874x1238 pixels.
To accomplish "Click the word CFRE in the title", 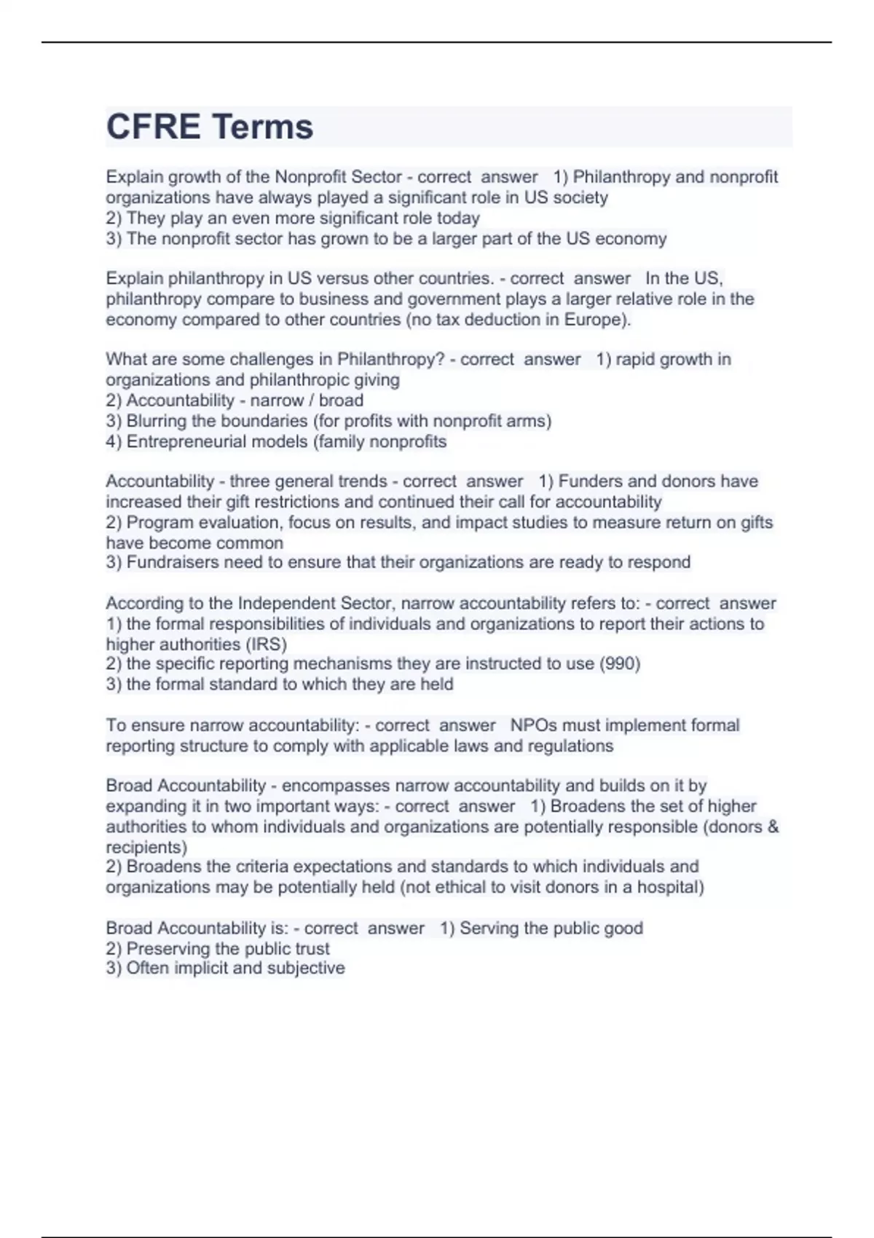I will tap(153, 127).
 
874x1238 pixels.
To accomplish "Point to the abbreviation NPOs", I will tap(530, 725).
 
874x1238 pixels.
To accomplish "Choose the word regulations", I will tap(570, 746).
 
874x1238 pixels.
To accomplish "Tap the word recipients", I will tap(144, 848).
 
